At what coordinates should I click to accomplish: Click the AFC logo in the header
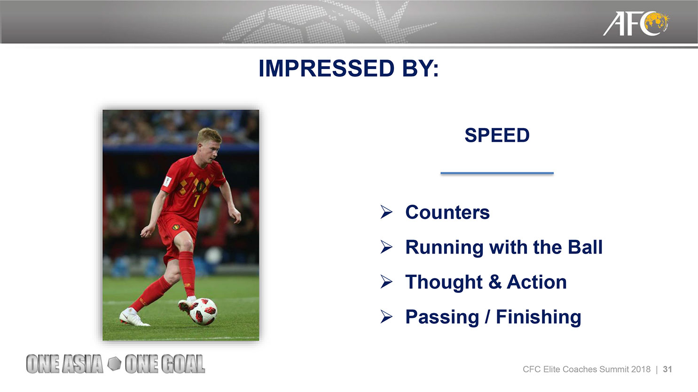coord(635,23)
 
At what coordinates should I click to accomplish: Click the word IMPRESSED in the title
coord(326,68)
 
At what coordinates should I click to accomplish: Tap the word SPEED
coord(497,135)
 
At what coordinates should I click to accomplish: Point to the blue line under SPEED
coord(497,173)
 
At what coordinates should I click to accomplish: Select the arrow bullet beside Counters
coord(386,212)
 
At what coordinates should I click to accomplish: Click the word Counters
coord(447,212)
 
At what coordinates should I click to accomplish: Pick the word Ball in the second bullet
coord(585,247)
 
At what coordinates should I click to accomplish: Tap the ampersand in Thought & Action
coord(494,282)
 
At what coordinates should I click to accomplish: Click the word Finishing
coord(539,317)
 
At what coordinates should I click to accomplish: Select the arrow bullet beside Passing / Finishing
coord(386,317)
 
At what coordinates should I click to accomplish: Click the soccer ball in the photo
coord(203,311)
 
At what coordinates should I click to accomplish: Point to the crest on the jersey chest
coord(201,185)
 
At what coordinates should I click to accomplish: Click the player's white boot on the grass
coord(133,317)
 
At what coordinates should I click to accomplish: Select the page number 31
coord(667,369)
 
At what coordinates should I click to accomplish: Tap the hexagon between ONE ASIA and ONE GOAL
coord(114,364)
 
